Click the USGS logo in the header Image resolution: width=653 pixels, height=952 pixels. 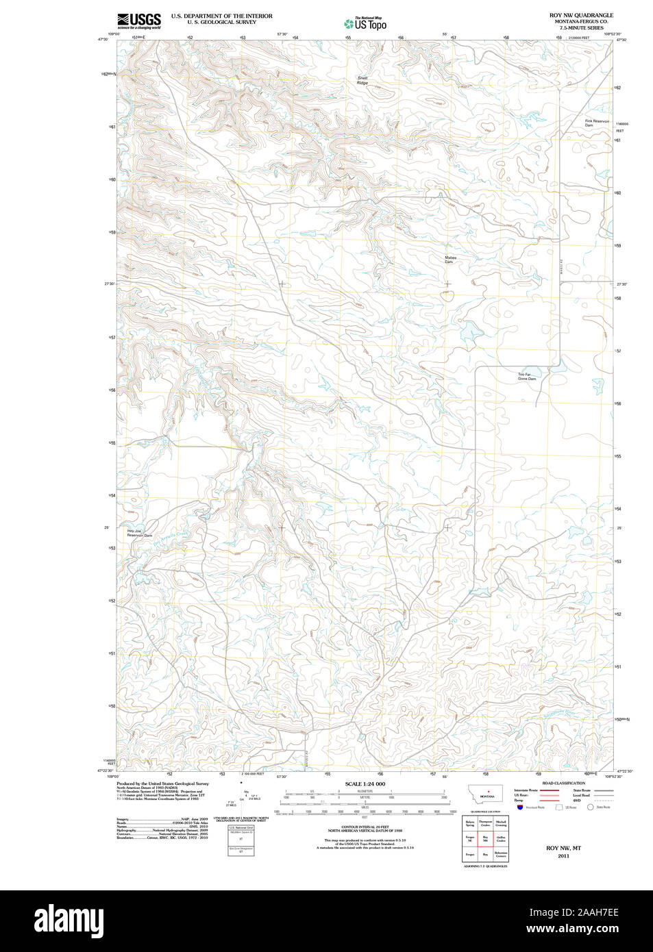[139, 21]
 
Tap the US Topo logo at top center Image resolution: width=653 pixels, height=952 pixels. [366, 23]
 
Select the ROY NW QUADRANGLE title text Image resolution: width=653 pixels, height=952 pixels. [581, 15]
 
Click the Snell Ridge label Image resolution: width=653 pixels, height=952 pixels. [362, 80]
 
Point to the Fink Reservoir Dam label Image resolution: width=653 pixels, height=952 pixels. [596, 123]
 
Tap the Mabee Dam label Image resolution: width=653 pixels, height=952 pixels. [450, 260]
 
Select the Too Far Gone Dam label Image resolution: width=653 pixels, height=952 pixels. [526, 377]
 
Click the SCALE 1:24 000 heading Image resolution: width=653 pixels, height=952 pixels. [365, 784]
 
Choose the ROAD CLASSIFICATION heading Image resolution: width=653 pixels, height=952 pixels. [563, 783]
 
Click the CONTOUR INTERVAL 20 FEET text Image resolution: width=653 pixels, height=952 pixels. [365, 827]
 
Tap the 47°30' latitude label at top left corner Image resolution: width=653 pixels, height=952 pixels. [103, 40]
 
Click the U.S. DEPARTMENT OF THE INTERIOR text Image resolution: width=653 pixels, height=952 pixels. [221, 16]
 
